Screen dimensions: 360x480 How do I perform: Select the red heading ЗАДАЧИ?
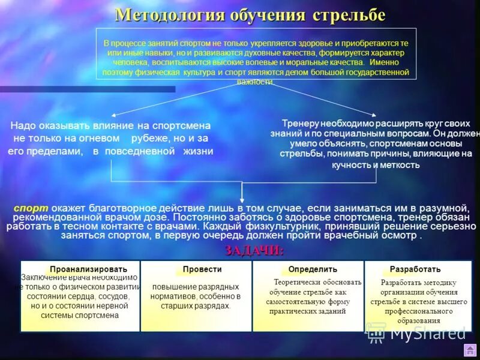point(254,250)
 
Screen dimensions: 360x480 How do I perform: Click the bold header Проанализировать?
point(89,269)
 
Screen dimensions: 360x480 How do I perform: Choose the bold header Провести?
point(202,269)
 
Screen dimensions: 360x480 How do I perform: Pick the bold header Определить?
point(313,269)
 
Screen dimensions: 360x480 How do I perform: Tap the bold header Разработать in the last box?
point(415,269)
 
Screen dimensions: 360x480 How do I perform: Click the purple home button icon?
point(470,350)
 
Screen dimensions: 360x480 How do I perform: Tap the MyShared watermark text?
point(427,332)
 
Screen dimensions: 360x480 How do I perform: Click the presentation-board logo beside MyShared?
point(376,332)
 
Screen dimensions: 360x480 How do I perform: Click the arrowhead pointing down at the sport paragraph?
point(242,200)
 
